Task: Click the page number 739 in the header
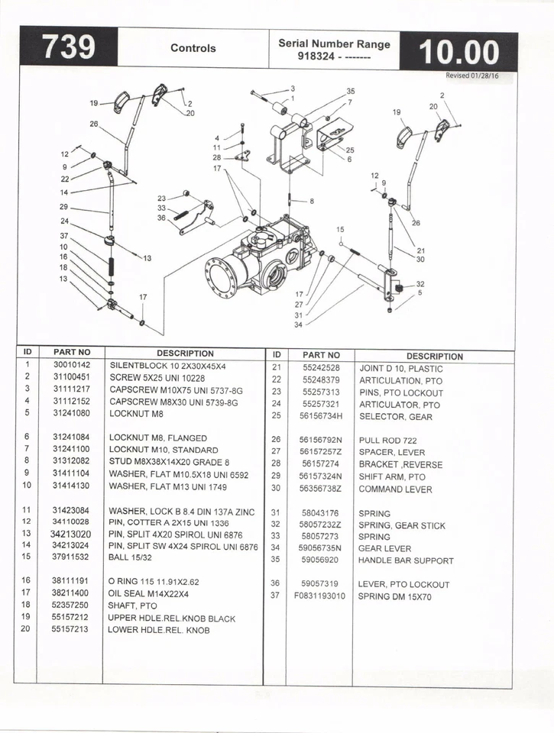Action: coord(68,48)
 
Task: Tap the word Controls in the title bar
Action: coord(193,48)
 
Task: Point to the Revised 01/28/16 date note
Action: coord(471,76)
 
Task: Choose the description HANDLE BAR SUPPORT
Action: coord(406,560)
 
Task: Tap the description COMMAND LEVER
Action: coord(395,489)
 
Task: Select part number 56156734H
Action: coord(321,417)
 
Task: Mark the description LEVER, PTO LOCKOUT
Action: coord(403,585)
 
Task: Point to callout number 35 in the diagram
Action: coord(350,91)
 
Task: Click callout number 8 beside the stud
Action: coord(312,202)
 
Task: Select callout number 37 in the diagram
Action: coord(64,235)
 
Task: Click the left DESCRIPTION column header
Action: coord(185,354)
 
